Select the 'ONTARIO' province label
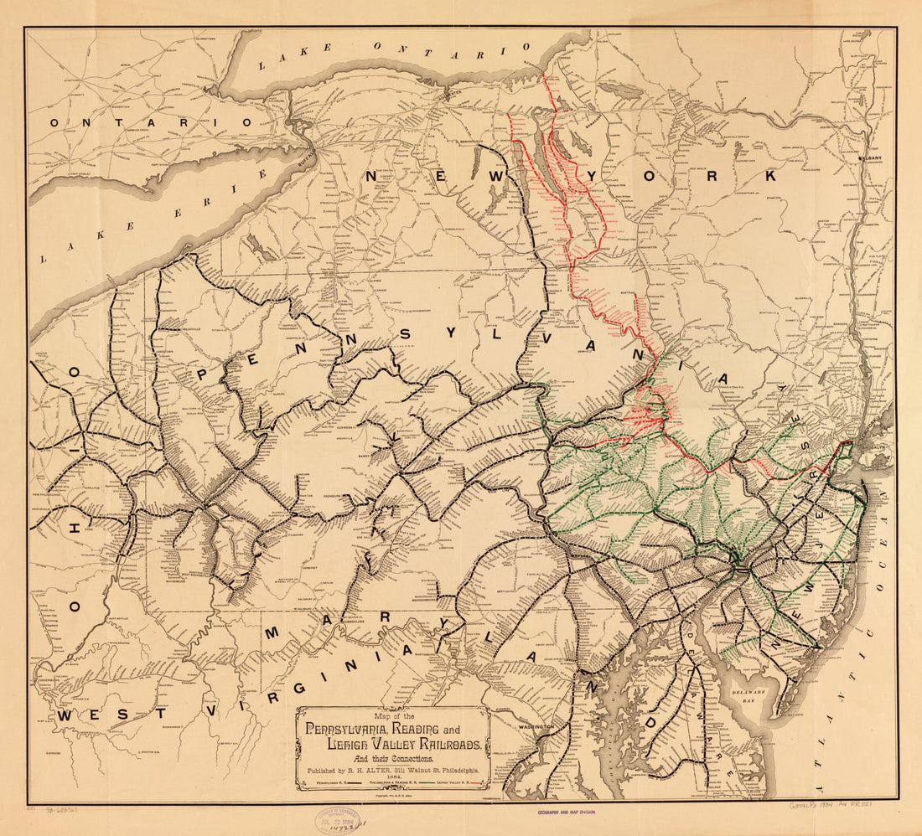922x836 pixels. pos(150,122)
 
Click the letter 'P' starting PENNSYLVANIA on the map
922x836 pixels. pos(203,374)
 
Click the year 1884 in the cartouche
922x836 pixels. pos(392,776)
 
